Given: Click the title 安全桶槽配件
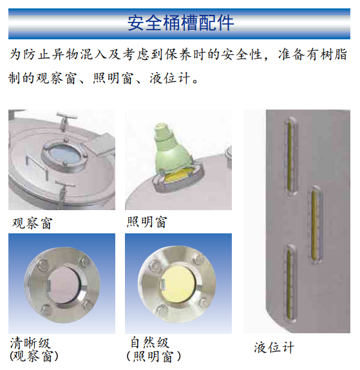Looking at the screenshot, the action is coord(180,23).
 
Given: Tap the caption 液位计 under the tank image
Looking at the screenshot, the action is coord(274,347).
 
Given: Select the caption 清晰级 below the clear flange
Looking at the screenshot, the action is coord(30,343).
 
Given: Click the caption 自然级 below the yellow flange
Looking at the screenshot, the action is coord(150,343).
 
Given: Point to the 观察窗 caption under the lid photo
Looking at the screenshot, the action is coord(32,223).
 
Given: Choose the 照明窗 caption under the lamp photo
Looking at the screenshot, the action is coord(147,222).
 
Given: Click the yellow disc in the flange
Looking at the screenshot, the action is coord(178,284).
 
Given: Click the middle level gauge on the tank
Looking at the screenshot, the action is coord(316,225).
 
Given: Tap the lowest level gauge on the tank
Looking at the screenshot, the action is coord(290,283).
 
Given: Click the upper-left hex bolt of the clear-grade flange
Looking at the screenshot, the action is coord(43,264).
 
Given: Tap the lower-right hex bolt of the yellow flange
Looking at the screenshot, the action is coord(202,303).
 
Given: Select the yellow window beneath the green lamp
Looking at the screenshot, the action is coord(177,176).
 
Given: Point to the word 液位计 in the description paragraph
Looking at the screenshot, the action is coord(170,78).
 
